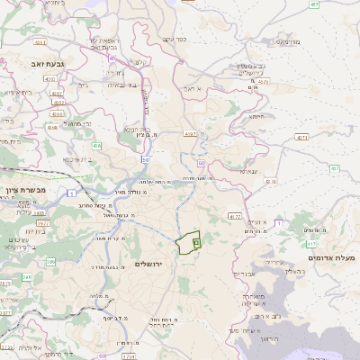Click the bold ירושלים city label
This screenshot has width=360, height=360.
tap(151, 264)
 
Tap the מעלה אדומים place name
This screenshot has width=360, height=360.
tap(332, 258)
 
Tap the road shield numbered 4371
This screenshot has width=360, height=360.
tap(301, 138)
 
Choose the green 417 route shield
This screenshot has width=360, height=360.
tap(311, 243)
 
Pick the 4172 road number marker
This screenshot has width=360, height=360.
tap(235, 216)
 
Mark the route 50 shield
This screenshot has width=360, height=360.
tap(145, 159)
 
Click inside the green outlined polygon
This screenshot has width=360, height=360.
tap(188, 243)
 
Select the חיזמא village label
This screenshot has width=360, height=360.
tap(256, 115)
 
